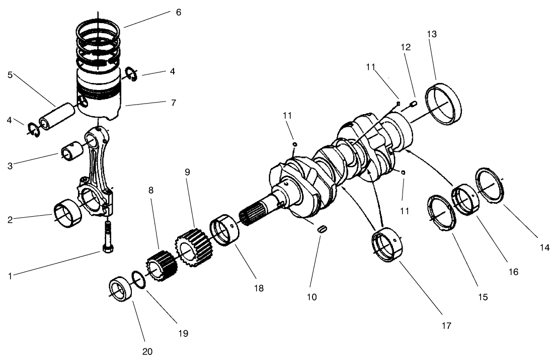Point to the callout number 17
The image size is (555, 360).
[446, 325]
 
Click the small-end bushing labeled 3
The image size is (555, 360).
[71, 151]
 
